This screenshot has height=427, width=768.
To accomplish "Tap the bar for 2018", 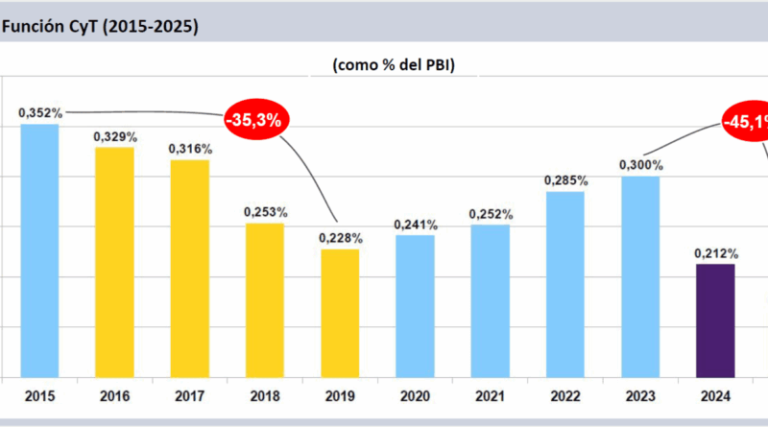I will click(x=264, y=299).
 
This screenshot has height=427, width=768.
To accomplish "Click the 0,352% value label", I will click(x=40, y=113).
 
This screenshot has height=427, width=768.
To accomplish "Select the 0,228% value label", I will click(x=340, y=238).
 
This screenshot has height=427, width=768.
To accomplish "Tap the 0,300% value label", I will click(x=640, y=165).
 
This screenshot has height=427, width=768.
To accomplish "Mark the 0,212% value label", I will click(x=716, y=253).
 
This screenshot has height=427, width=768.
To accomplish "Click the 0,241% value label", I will click(x=416, y=225).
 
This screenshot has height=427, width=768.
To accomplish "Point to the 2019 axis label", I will click(x=340, y=394).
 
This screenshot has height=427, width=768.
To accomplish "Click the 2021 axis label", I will click(x=490, y=394).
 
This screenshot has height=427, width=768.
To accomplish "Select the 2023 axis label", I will click(x=640, y=394).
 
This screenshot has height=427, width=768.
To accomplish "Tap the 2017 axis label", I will click(x=189, y=394).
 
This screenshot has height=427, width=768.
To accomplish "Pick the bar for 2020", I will click(x=415, y=305).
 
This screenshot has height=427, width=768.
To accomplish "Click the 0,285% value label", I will click(x=565, y=179).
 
